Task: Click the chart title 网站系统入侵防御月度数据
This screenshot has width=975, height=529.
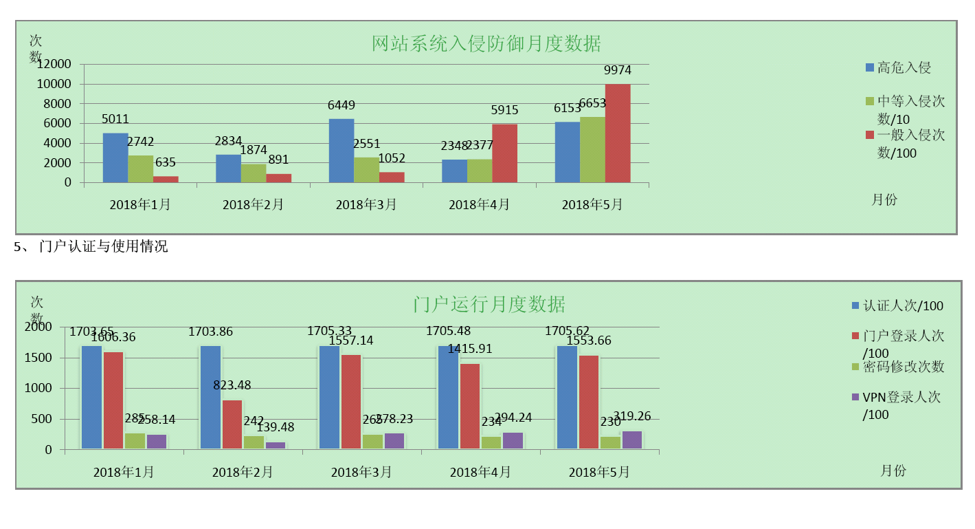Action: pos(486,44)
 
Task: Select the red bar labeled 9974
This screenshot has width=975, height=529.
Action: pos(617,133)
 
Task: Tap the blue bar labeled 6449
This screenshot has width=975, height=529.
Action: pos(341,151)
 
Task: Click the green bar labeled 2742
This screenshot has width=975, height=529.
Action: pos(141,169)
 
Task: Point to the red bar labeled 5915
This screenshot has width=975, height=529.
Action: pos(504,153)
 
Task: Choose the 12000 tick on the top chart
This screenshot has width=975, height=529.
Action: pos(54,64)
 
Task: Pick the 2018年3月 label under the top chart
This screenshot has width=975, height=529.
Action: pos(366,204)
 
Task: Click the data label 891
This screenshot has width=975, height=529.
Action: pos(278,160)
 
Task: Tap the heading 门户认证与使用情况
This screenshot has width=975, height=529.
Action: pos(103,246)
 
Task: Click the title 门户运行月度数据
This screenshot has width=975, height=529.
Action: pos(489,304)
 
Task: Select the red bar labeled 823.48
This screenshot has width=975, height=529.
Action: pos(232,424)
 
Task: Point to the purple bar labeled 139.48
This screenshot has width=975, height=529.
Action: pos(276,445)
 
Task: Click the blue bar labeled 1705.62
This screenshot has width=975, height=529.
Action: pos(567,398)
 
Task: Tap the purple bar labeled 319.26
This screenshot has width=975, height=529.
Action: pos(632,440)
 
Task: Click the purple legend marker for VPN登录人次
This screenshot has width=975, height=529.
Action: pos(855,397)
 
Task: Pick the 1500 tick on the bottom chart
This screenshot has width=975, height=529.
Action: pos(38,358)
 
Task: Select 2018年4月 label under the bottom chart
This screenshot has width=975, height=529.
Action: pos(480,472)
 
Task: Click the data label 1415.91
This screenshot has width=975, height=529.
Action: pos(470,349)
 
